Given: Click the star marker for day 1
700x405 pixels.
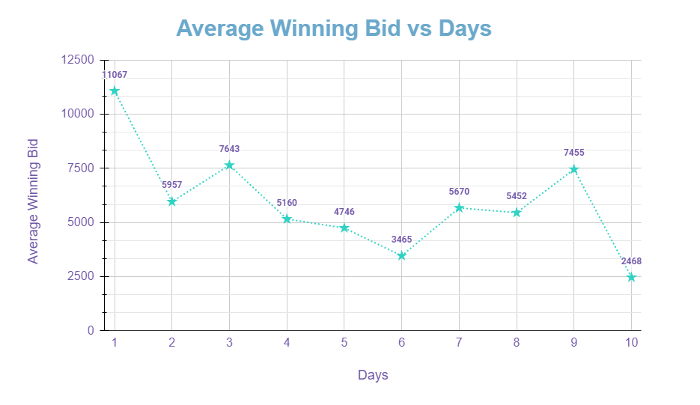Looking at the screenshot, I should click(115, 91).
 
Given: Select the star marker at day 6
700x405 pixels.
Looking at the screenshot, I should click(402, 256).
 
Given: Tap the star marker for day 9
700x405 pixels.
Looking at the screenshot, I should click(574, 169).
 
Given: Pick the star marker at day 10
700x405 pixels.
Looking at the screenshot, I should click(631, 277).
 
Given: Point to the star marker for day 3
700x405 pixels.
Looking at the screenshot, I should click(230, 165).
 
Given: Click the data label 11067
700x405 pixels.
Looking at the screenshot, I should click(115, 75).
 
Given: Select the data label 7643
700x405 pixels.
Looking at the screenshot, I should click(230, 149).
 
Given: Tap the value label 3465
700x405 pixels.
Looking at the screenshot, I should click(402, 240).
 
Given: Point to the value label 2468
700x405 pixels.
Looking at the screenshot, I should click(631, 261).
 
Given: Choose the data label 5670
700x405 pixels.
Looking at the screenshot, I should click(459, 192).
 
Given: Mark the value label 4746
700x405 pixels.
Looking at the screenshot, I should click(344, 212).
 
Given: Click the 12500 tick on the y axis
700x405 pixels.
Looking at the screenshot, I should click(78, 60).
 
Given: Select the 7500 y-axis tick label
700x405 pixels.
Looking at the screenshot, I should click(81, 168).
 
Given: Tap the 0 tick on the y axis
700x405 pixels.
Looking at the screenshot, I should click(91, 330).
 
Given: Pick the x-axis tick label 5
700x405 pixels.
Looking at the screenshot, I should click(344, 343).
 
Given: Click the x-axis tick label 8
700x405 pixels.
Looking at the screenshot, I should click(517, 343).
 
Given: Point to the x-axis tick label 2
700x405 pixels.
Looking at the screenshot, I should click(172, 343).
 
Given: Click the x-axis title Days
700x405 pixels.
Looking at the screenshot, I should click(373, 375).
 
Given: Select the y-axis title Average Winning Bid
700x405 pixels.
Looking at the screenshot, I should click(33, 201).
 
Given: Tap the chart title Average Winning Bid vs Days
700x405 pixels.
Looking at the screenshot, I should click(334, 28).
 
